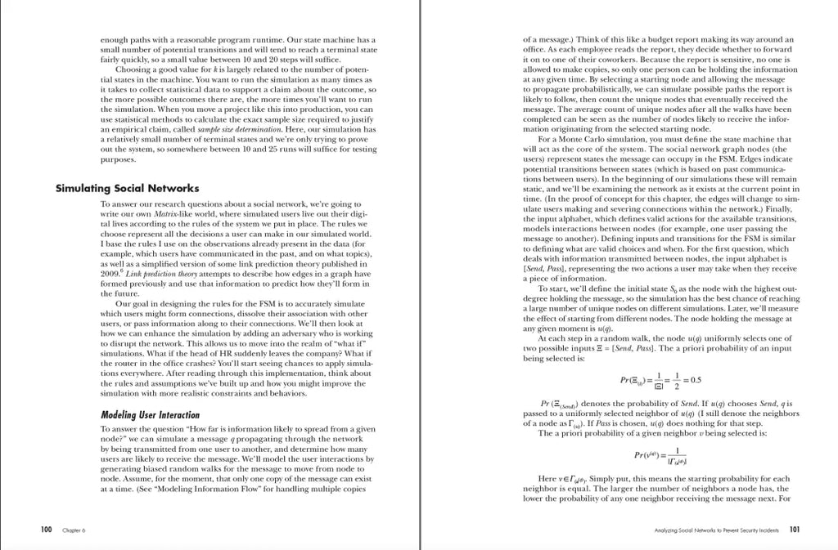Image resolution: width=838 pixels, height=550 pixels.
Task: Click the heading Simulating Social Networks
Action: coord(127,188)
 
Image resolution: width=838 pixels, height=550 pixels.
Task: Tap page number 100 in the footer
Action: coord(47,530)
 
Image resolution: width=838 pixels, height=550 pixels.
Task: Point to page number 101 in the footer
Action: coord(794,530)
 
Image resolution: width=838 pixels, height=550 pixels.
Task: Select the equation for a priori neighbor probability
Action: coord(662,454)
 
